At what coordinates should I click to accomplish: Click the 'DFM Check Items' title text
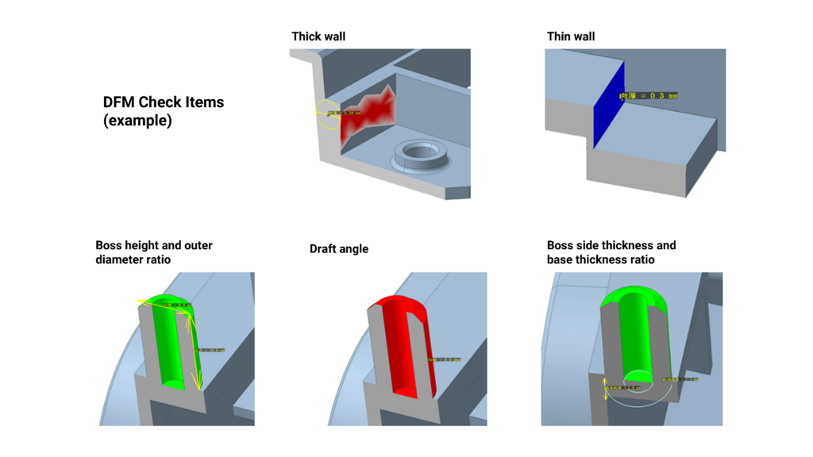[164, 102]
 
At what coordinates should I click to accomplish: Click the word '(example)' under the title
[137, 121]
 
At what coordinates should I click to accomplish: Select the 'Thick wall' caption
[318, 36]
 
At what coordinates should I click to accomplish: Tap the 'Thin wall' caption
[570, 36]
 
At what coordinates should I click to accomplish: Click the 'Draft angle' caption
[339, 249]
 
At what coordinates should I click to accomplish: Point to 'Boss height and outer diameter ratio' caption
[154, 252]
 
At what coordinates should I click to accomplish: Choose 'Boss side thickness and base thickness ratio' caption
[611, 252]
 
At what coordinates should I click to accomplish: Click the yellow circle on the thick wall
[326, 114]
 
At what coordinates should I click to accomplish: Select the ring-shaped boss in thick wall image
[421, 152]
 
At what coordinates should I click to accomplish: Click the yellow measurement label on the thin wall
[648, 96]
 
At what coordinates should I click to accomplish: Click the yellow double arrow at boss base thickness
[605, 389]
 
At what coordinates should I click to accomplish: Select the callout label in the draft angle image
[445, 359]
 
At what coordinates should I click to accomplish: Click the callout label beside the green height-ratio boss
[210, 350]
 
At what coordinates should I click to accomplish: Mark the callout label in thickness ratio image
[680, 380]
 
